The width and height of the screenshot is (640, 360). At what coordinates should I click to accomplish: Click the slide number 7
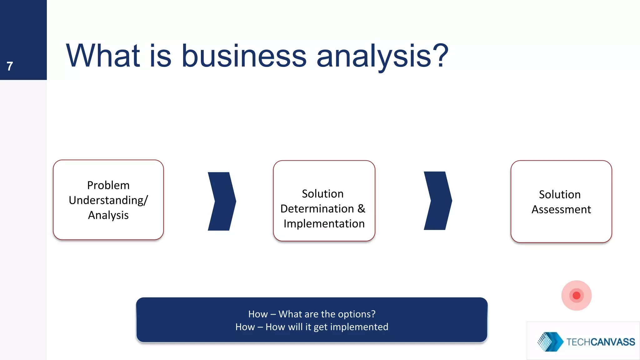pos(10,66)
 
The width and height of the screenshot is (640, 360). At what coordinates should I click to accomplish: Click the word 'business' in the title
pos(244,56)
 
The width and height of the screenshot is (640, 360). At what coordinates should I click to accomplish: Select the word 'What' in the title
pos(103,56)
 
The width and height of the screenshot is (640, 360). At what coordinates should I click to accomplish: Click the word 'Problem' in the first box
pos(108,185)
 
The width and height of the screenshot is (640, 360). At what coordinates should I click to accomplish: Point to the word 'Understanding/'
pos(108,200)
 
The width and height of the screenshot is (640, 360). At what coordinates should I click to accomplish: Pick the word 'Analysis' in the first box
pos(108,215)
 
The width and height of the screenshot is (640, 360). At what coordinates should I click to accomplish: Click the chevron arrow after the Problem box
pos(222,201)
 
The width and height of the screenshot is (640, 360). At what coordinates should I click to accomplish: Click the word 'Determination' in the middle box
pos(317,209)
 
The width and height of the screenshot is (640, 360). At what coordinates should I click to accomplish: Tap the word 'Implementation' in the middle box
pos(324,224)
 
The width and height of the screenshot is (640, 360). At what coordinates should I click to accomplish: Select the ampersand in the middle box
pos(361,209)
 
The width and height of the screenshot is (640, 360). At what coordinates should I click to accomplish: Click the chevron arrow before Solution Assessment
pos(437,201)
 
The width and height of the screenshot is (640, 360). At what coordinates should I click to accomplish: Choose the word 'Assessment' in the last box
pos(561,209)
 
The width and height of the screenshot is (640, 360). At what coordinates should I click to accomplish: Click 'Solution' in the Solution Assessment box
pos(560,194)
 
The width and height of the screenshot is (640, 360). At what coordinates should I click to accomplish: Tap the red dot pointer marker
pos(576,295)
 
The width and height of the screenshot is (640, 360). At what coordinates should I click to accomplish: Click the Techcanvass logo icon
pos(550,342)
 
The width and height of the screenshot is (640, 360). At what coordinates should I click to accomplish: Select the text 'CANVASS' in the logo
pos(612,342)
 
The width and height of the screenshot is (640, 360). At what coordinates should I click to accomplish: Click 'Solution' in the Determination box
pos(322,194)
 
